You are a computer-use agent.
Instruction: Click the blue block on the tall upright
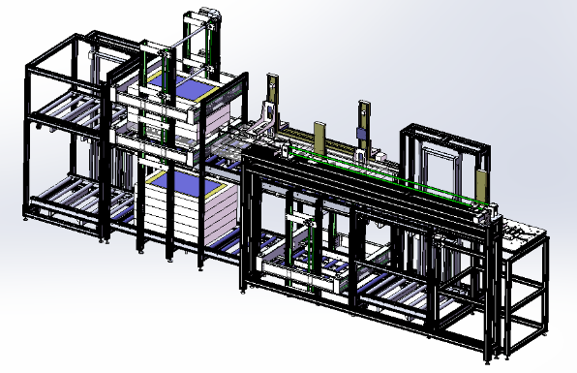pyautogui.click(x=360, y=135)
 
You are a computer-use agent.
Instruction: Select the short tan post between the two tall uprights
pyautogui.click(x=318, y=137)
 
